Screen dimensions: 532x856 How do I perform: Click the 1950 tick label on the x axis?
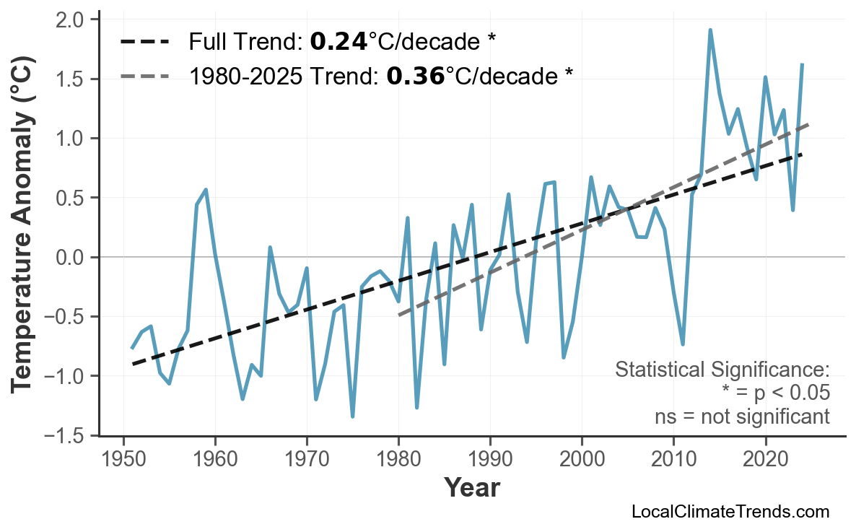[123, 459]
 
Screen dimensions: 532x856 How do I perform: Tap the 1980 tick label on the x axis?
[398, 459]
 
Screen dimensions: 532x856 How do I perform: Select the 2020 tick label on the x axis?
[765, 459]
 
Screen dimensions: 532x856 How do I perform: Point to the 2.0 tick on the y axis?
[71, 19]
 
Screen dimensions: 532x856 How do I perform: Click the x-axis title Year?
[471, 488]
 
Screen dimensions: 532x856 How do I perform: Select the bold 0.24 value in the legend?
[338, 42]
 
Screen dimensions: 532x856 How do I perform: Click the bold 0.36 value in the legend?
[415, 75]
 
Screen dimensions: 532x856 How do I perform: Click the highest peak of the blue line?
[710, 30]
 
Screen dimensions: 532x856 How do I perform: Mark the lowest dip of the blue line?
[352, 417]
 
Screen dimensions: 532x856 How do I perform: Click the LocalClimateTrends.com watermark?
[730, 512]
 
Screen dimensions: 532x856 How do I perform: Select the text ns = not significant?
[741, 417]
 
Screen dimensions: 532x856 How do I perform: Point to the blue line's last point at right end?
[802, 65]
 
